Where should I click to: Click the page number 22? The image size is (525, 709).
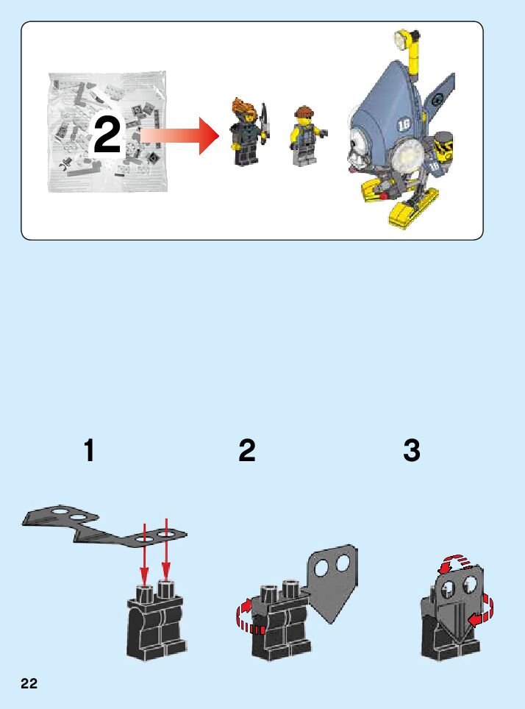coord(29,683)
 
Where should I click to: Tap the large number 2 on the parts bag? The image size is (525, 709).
coord(107,135)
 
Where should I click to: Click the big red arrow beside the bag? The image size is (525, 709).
coord(179,135)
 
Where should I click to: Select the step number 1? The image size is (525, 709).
coord(89,450)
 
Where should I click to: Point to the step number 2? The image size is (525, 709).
coord(247,450)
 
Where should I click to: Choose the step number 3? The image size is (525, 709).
coord(412,450)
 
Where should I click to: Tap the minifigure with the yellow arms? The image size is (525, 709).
coord(306,135)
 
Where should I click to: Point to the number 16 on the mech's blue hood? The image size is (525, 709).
coord(404,124)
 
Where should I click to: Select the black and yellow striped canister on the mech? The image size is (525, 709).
coord(442,144)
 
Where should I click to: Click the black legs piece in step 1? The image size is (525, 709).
coord(157,620)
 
